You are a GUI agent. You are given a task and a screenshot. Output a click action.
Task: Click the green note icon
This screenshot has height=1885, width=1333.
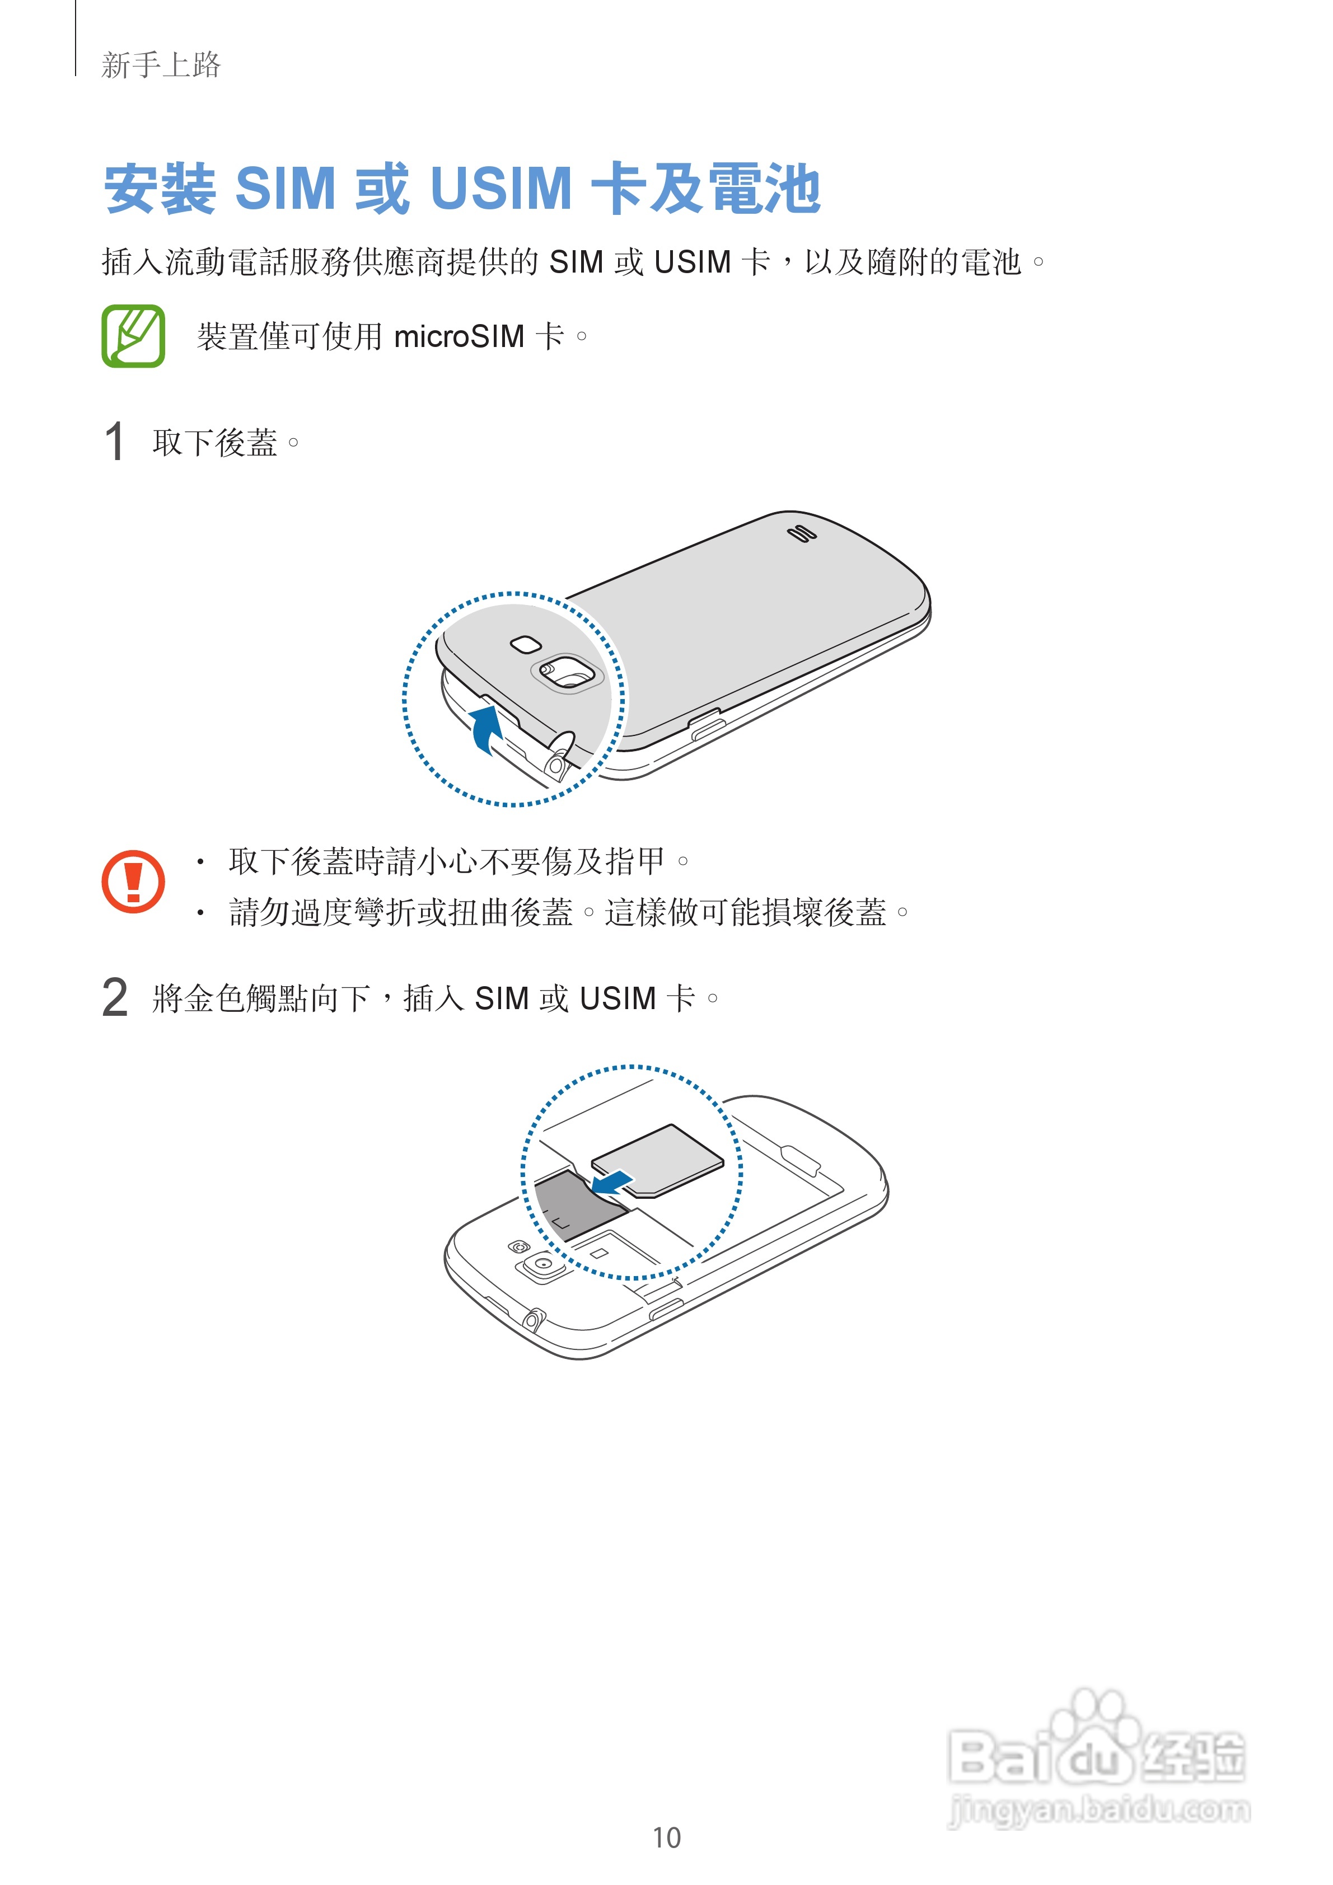pos(133,336)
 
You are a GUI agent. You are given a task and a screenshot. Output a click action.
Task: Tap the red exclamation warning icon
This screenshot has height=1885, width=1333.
pos(133,881)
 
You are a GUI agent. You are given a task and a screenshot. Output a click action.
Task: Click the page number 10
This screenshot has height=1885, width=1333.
pos(666,1837)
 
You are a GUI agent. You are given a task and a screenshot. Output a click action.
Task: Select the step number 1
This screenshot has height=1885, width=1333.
pos(115,442)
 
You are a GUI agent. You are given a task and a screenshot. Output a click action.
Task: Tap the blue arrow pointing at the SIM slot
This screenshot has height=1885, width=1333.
pos(612,1182)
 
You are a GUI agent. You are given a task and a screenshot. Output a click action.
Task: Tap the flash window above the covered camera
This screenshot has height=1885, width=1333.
pos(525,644)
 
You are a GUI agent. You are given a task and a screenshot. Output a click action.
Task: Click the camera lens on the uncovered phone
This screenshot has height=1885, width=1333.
pos(543,1265)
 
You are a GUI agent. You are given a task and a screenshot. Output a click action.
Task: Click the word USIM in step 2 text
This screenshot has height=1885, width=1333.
pos(618,999)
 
